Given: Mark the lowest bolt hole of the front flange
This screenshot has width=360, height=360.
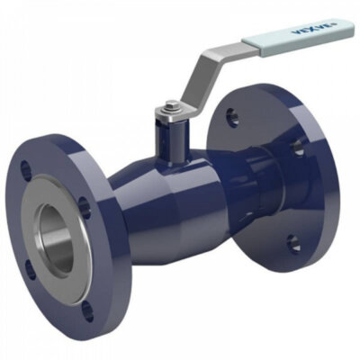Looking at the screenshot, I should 86,313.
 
